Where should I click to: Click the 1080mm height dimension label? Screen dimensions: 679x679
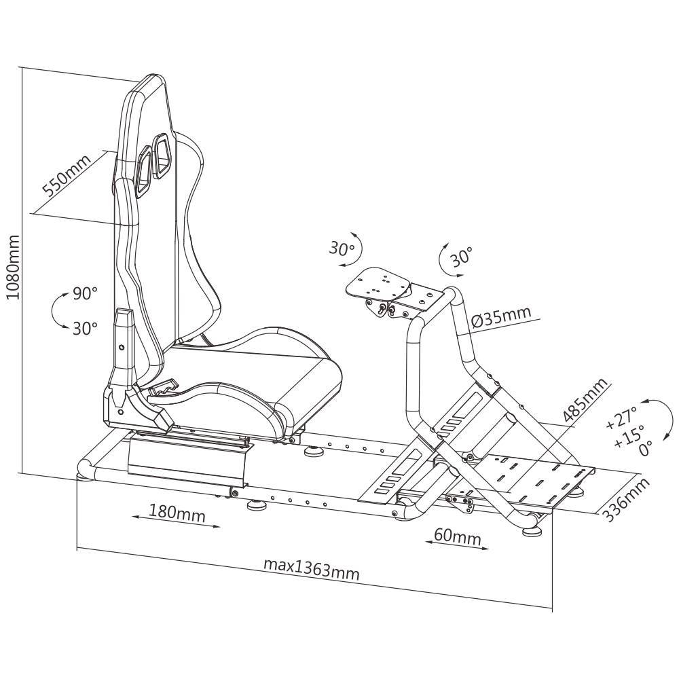pos(13,267)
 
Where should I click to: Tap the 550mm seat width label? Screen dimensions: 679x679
pos(67,175)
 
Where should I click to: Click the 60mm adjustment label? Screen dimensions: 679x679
pos(458,537)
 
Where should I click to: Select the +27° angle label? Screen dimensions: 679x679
pos(621,418)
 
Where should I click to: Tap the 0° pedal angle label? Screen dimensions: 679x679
pos(645,449)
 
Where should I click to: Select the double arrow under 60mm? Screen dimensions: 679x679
pos(457,545)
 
